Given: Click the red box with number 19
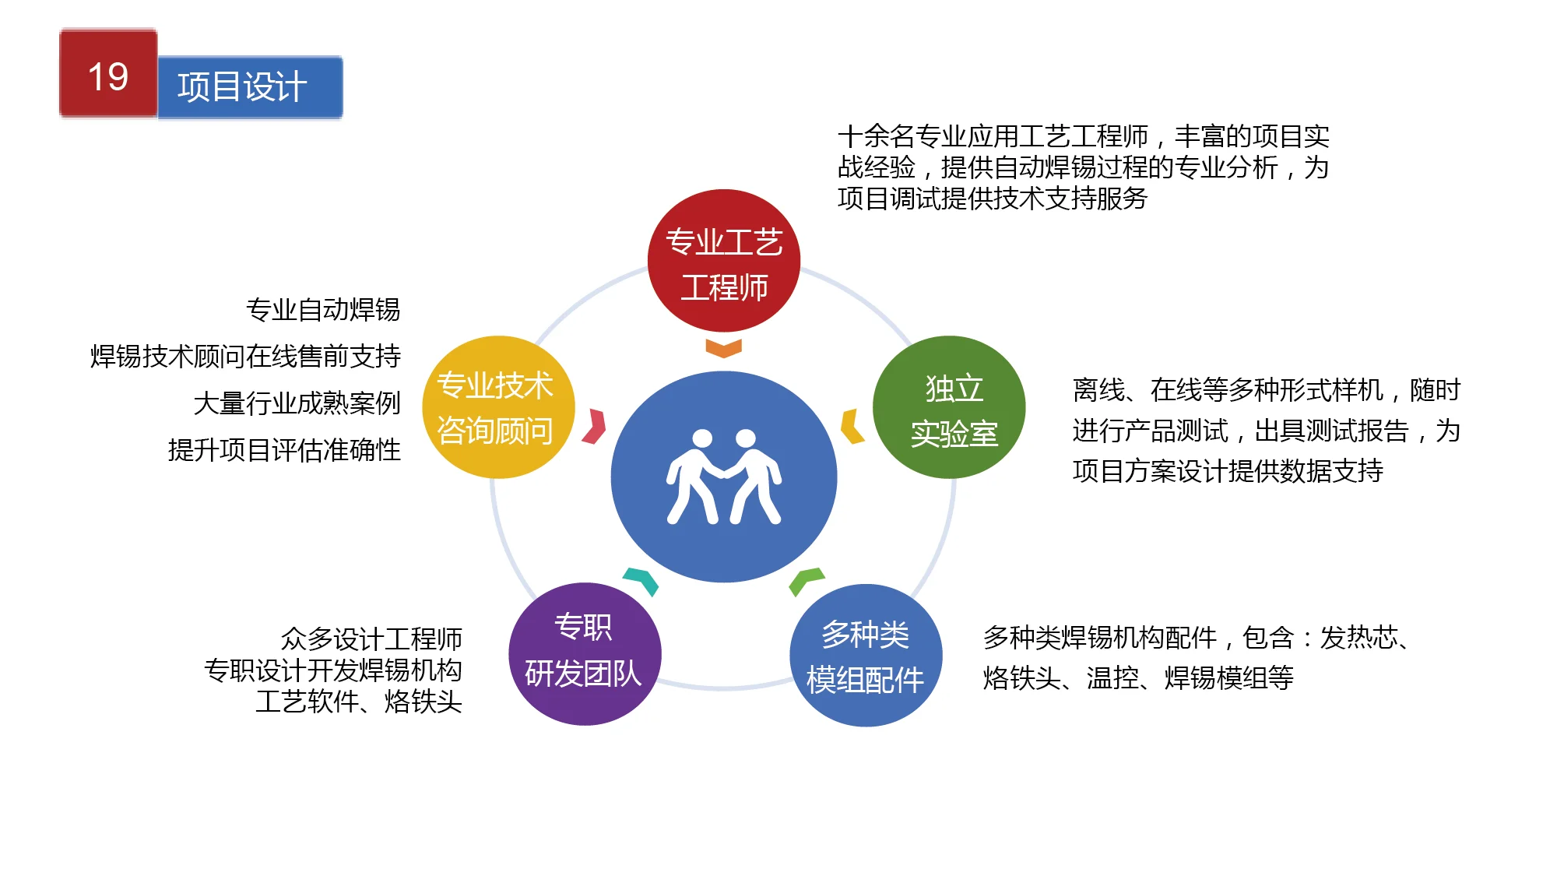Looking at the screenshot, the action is [x=108, y=73].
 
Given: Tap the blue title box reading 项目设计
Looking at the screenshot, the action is [x=250, y=87].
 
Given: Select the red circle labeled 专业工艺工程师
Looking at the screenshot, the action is [x=724, y=261].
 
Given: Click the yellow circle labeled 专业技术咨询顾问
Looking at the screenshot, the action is [x=498, y=407].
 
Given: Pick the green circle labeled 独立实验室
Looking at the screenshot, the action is [x=949, y=407].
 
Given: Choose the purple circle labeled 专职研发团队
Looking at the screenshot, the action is [x=585, y=654].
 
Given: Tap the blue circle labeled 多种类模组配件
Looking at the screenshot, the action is [x=866, y=656].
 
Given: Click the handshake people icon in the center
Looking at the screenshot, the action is [x=724, y=477].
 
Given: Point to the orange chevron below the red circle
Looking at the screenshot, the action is [x=724, y=348].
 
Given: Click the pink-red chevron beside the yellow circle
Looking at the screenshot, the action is [x=595, y=426].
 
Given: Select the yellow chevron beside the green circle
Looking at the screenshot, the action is [x=852, y=426].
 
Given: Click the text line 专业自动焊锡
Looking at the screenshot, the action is [x=323, y=310].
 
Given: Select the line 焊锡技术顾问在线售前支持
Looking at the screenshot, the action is [x=245, y=357].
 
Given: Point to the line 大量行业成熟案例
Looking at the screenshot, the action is [x=297, y=403].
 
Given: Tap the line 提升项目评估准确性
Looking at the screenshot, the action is [x=284, y=450].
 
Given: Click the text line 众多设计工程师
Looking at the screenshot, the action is [x=371, y=639].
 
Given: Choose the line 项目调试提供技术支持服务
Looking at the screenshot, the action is [x=993, y=199].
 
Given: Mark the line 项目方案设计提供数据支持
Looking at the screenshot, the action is [x=1228, y=471].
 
